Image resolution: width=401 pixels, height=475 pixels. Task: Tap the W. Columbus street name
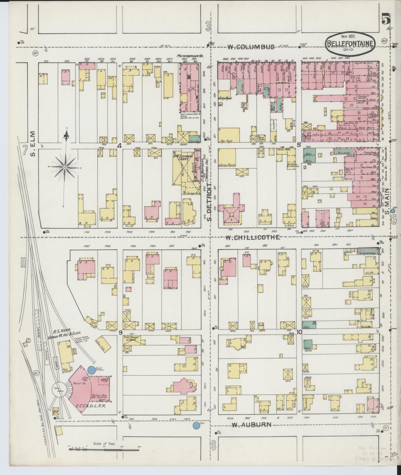(x=251, y=47)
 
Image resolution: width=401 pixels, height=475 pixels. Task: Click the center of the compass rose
(x=65, y=167)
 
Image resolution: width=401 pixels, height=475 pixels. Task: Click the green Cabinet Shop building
(x=195, y=138)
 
